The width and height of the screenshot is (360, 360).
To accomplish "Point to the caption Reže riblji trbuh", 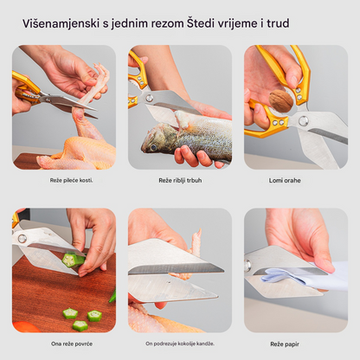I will point(180,180).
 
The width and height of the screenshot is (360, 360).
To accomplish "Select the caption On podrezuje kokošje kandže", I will point(180,343).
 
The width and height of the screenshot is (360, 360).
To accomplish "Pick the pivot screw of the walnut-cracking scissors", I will point(304,119).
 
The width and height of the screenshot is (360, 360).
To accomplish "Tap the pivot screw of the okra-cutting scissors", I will point(21,237).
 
